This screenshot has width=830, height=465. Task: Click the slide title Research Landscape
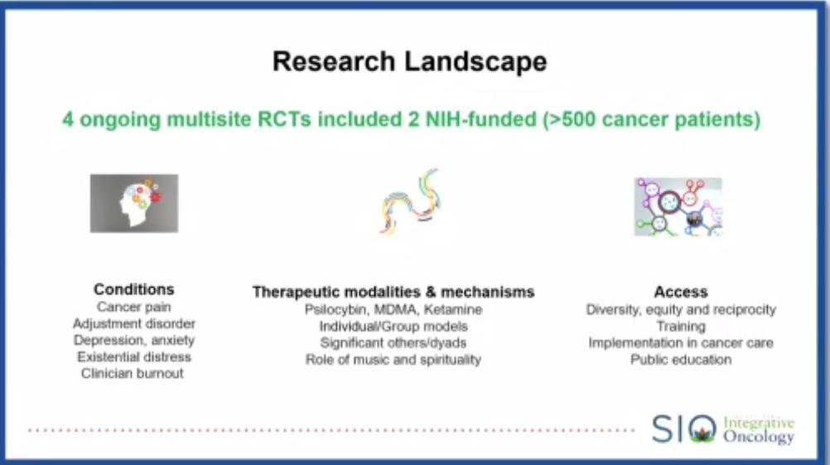(410, 62)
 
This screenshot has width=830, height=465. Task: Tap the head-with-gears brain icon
(133, 202)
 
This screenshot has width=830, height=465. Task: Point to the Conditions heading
(133, 289)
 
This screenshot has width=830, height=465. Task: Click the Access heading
(680, 292)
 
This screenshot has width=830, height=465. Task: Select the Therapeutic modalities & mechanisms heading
(393, 292)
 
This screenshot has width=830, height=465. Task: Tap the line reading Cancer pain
(133, 307)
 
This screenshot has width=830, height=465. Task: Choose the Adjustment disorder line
(133, 323)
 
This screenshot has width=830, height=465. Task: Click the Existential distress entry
(133, 356)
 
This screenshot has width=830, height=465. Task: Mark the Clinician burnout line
(133, 373)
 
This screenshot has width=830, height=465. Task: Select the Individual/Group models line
(393, 326)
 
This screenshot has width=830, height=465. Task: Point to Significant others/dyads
(393, 342)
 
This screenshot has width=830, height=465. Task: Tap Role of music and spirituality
(393, 359)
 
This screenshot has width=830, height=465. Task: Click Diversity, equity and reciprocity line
(680, 309)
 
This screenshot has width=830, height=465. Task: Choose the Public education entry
(680, 360)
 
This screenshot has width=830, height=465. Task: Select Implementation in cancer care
(680, 342)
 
